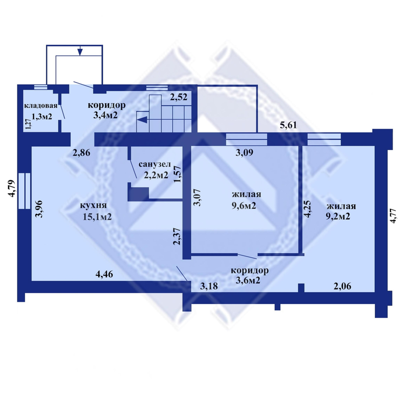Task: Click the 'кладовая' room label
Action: point(40,106)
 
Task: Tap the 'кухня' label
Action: point(93,205)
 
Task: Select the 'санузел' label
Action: point(155,164)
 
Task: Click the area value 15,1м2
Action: point(97,217)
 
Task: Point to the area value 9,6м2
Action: point(244,206)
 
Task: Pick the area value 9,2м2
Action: point(338,217)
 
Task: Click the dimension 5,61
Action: point(288,125)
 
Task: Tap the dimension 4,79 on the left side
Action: point(12,188)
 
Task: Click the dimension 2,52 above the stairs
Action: point(179,97)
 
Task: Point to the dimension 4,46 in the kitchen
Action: point(104,274)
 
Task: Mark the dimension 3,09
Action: point(244,153)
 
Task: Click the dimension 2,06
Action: point(342,286)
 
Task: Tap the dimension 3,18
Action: point(209,286)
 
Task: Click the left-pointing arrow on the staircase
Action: point(143,120)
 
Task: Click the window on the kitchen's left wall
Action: point(24,191)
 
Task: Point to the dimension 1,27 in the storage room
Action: point(28,124)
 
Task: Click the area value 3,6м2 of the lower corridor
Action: point(248,280)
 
